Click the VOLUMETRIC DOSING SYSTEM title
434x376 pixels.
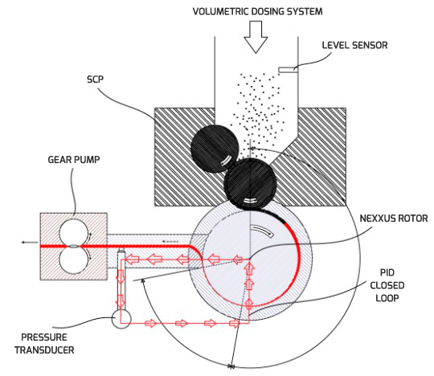[x=258, y=11]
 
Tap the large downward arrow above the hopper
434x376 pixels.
[x=256, y=37]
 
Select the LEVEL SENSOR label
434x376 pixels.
[x=355, y=45]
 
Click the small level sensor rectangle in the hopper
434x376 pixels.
[x=289, y=70]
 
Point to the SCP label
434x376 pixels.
[x=95, y=80]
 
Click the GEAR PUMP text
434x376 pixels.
[x=74, y=160]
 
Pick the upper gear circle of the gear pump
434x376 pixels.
[x=74, y=233]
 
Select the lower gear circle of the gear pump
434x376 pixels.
[x=74, y=260]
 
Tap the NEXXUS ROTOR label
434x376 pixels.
[x=394, y=219]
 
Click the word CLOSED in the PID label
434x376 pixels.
[x=387, y=285]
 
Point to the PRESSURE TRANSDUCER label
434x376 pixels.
[x=44, y=344]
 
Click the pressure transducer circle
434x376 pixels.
[x=121, y=319]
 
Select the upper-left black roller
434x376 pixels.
[x=215, y=149]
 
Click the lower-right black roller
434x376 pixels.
[x=250, y=183]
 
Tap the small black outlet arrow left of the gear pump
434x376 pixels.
[x=30, y=243]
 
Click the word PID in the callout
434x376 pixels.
[x=387, y=273]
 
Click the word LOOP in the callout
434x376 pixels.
[x=387, y=298]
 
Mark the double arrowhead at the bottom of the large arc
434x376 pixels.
[x=231, y=367]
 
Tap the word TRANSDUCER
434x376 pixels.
[x=44, y=350]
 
